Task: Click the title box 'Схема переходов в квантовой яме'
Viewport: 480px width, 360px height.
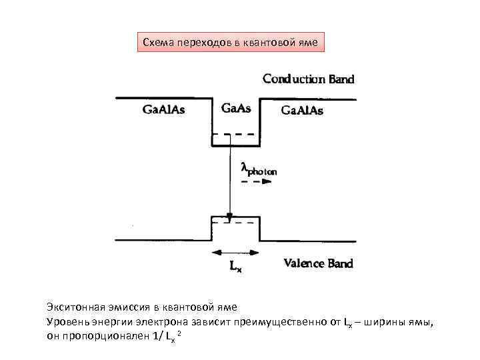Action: (x=231, y=43)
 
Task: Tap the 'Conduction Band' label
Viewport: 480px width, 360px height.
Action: (x=308, y=79)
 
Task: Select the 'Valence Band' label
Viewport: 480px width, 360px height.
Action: (x=318, y=263)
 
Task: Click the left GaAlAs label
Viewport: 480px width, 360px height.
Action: (x=164, y=109)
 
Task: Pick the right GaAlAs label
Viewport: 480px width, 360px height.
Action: (x=301, y=110)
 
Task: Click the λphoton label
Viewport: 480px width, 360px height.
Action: (x=259, y=169)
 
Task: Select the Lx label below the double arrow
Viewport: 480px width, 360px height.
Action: (x=235, y=267)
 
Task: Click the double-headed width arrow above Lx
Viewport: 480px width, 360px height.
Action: (x=235, y=252)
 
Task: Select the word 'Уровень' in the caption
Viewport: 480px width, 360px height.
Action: (x=65, y=323)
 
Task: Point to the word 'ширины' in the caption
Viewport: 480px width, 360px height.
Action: (x=382, y=323)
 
